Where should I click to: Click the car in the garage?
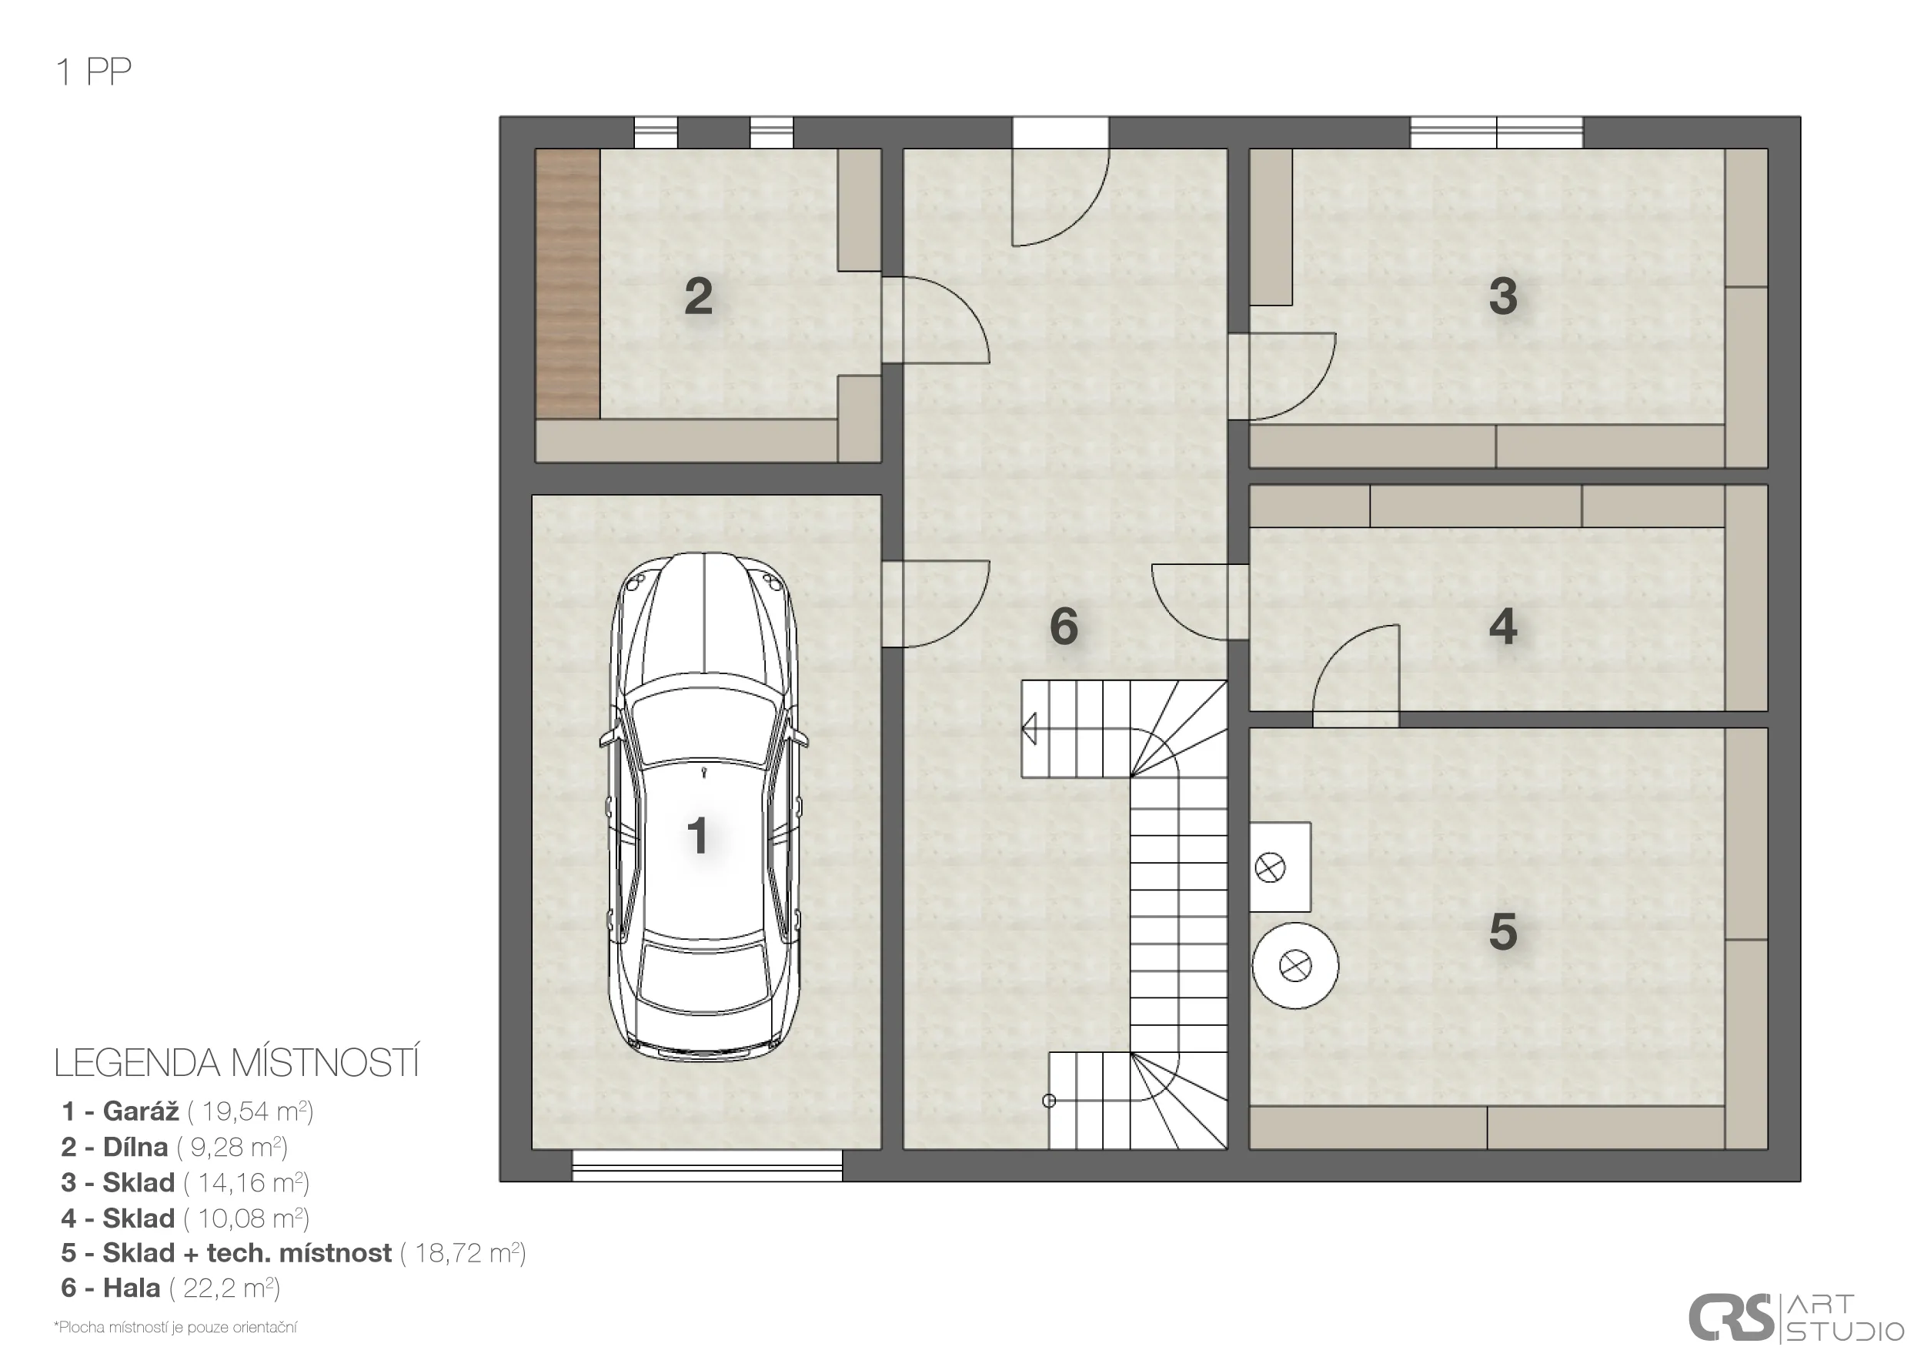pyautogui.click(x=704, y=807)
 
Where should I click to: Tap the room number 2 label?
pyautogui.click(x=698, y=296)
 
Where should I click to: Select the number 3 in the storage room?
pyautogui.click(x=1502, y=296)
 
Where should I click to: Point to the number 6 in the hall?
pyautogui.click(x=1064, y=626)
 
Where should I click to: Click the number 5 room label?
pyautogui.click(x=1502, y=932)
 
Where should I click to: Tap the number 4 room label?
pyautogui.click(x=1502, y=626)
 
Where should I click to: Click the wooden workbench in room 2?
pyautogui.click(x=567, y=283)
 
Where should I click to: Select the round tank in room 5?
pyautogui.click(x=1294, y=966)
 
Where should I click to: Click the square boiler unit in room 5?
pyautogui.click(x=1281, y=867)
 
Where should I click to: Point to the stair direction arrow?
pyautogui.click(x=1029, y=728)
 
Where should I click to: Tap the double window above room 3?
pyautogui.click(x=1497, y=132)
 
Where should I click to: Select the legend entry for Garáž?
pyautogui.click(x=188, y=1111)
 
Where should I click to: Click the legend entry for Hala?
pyautogui.click(x=170, y=1288)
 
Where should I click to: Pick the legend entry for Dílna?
pyautogui.click(x=174, y=1146)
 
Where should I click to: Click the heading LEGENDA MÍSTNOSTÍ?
pyautogui.click(x=236, y=1064)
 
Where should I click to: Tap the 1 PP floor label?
pyautogui.click(x=94, y=72)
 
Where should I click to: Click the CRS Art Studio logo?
pyautogui.click(x=1795, y=1317)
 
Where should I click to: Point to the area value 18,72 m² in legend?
pyautogui.click(x=463, y=1253)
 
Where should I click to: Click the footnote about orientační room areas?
pyautogui.click(x=175, y=1328)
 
